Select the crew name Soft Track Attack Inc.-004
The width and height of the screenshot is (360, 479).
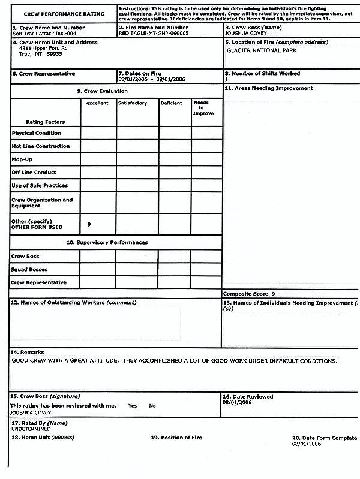click(40, 33)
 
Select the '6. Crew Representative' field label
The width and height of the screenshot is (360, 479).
click(43, 74)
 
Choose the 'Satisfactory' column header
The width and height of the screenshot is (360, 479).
click(133, 103)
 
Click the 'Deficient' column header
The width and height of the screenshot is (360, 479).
click(171, 103)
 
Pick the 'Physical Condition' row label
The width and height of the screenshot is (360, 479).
click(36, 133)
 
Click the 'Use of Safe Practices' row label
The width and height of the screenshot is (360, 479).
click(40, 186)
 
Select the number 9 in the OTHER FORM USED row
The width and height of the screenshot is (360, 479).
click(89, 224)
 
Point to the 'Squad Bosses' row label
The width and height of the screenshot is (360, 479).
click(30, 269)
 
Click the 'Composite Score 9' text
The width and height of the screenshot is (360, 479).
click(249, 294)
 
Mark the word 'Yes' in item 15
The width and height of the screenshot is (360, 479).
click(132, 406)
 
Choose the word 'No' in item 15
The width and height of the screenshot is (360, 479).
click(152, 406)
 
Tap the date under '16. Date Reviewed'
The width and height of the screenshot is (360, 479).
click(238, 403)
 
